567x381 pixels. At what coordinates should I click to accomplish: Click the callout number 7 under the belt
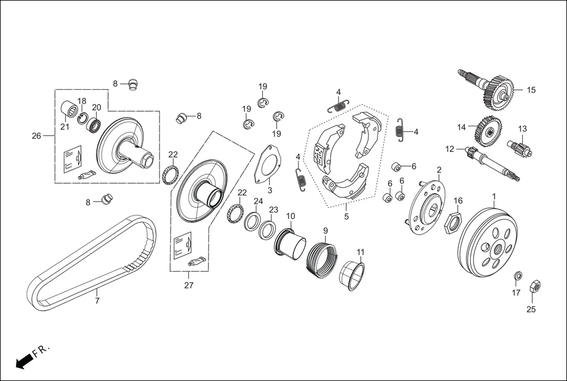click(x=97, y=301)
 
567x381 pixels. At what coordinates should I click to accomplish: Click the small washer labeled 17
click(x=517, y=276)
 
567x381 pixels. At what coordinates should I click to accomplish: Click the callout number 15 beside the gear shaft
click(x=531, y=90)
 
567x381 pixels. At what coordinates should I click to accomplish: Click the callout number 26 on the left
click(x=37, y=136)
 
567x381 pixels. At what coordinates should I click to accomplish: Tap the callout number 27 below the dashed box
click(x=188, y=285)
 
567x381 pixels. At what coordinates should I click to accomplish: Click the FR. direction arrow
click(x=24, y=360)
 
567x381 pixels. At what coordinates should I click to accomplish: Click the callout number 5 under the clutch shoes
click(x=347, y=217)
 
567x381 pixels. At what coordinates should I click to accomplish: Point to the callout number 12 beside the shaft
click(x=449, y=149)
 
